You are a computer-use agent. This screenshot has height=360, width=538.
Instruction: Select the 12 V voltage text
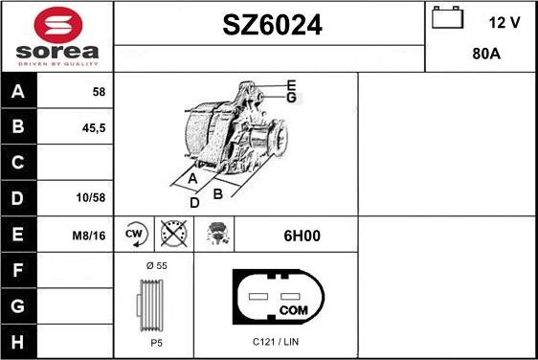point(504,23)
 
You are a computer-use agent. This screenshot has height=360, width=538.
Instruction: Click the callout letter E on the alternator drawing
point(290,85)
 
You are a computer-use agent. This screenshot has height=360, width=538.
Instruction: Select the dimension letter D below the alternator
point(194,202)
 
